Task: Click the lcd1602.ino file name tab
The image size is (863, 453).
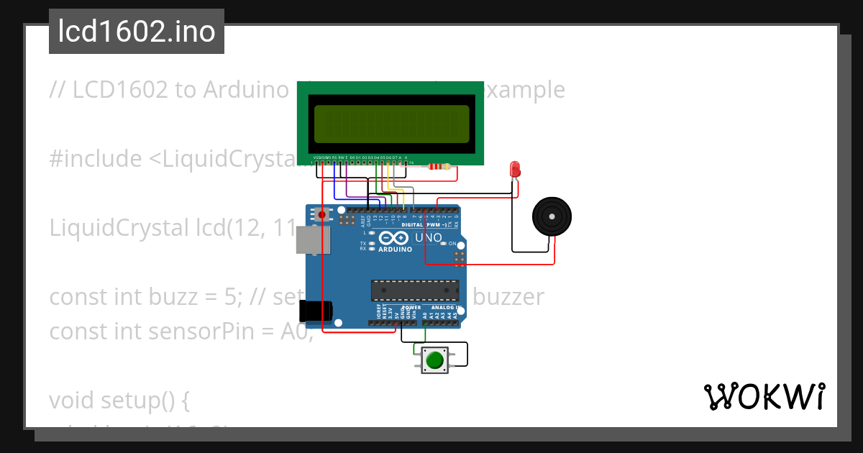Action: tap(137, 32)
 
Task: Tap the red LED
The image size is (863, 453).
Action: tap(515, 170)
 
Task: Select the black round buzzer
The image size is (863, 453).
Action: tap(552, 216)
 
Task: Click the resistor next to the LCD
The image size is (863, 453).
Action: tap(439, 167)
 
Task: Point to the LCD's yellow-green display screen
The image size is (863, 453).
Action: tap(389, 123)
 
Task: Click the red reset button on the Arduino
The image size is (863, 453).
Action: tap(321, 214)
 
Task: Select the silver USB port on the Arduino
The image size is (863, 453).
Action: tap(313, 241)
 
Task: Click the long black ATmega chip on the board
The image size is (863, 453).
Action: tap(414, 290)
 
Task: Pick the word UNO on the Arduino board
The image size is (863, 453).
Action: tap(429, 237)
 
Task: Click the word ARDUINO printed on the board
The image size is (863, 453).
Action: tap(395, 250)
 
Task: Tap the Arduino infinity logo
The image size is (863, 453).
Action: tap(394, 238)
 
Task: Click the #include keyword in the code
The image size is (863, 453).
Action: tap(95, 159)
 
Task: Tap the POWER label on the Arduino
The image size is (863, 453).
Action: tap(411, 308)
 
